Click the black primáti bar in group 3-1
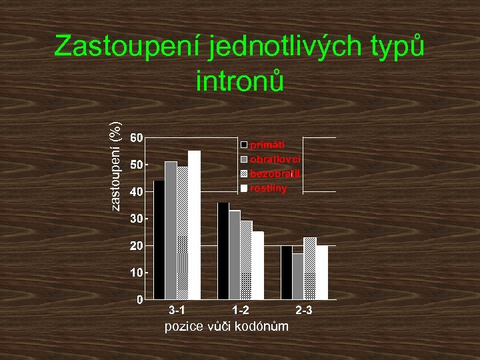[159, 239]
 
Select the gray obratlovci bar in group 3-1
[171, 230]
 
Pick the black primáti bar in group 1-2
[223, 251]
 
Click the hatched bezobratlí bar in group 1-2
[246, 259]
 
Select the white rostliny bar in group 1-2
[258, 265]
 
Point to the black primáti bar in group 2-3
[287, 272]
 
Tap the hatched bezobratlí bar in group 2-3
[310, 268]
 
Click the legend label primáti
[267, 144]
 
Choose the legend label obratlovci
[275, 159]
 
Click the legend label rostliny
[269, 188]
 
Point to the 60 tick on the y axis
[135, 138]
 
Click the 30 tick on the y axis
[135, 219]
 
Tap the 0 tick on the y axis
[139, 299]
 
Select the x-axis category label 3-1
[177, 311]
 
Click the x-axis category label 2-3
[304, 311]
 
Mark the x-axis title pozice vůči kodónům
[227, 326]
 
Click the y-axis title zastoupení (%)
[116, 166]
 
